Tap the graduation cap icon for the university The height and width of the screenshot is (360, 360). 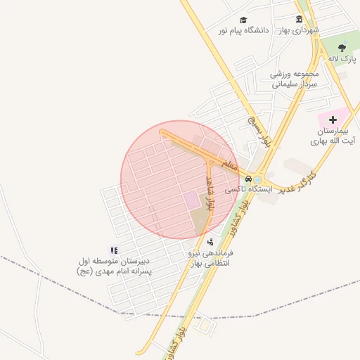[243, 20]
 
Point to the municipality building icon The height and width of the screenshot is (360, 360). [300, 20]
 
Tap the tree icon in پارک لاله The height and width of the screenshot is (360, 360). [342, 48]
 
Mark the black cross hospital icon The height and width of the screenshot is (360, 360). [333, 120]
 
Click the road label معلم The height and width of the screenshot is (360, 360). [229, 165]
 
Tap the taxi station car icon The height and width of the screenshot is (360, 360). [247, 178]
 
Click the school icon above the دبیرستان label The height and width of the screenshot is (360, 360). [114, 250]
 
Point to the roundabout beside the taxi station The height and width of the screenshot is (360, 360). [259, 179]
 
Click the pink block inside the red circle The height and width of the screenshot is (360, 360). [192, 200]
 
